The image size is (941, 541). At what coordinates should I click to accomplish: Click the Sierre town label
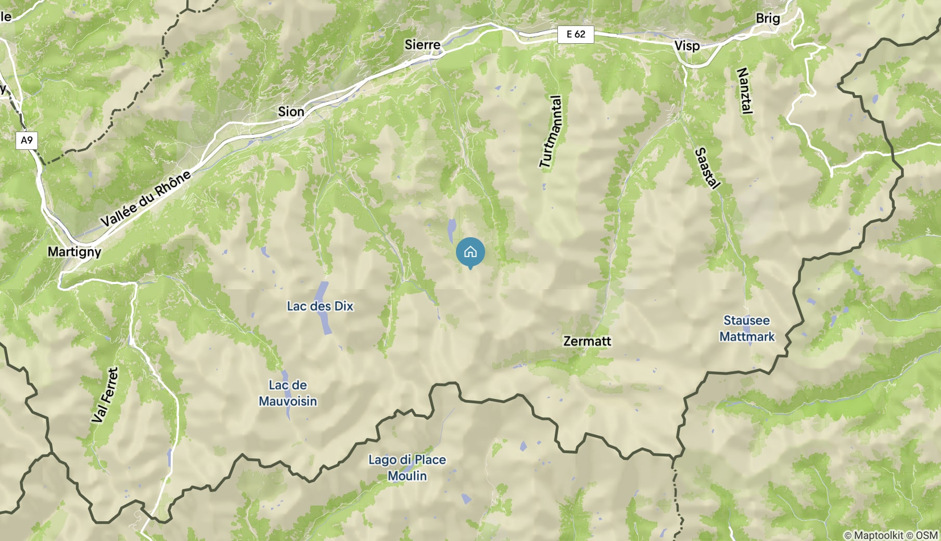(423, 45)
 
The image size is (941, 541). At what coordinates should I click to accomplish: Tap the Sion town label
(291, 111)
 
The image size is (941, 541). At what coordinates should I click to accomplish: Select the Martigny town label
(74, 252)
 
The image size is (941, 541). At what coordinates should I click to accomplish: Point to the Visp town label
(687, 46)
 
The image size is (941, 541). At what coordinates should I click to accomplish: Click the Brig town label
(768, 18)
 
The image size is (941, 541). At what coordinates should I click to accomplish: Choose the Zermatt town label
(587, 341)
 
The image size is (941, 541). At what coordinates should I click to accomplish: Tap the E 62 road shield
(576, 34)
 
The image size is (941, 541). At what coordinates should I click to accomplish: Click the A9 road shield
(27, 140)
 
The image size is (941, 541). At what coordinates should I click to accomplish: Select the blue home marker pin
(470, 252)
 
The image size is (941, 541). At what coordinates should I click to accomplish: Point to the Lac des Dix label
(320, 306)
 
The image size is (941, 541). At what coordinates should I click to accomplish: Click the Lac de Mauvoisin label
(288, 393)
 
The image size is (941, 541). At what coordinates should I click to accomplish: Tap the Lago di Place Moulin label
(407, 468)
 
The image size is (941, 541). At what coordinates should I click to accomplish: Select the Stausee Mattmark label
(747, 328)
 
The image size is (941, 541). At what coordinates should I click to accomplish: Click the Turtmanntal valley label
(551, 132)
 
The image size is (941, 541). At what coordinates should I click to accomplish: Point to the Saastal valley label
(707, 168)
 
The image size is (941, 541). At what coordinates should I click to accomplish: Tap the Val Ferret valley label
(105, 395)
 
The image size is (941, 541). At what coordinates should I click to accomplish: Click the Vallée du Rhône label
(146, 199)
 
